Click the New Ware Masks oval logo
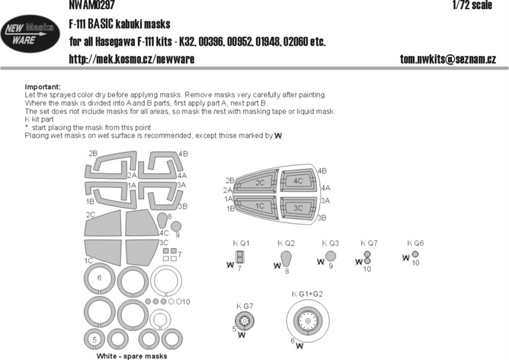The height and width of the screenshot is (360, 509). pos(30,34)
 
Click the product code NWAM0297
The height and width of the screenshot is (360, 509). pos(92,5)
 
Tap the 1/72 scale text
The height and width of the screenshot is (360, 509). pos(473,5)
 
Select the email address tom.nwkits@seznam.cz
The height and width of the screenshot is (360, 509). pos(448,59)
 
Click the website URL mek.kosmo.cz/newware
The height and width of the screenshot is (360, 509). pos(131,59)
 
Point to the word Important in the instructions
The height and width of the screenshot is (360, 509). pos(43,87)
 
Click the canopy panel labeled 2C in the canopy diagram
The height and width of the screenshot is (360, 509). pos(258,183)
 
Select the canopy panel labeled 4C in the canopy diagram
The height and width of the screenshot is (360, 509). pos(298,181)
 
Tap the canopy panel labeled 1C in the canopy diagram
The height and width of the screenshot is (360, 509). pos(258,206)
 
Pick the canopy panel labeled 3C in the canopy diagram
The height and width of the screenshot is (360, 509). pos(298,208)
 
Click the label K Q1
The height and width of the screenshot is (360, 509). pos(242,243)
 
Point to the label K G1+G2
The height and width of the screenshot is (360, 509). pos(307,294)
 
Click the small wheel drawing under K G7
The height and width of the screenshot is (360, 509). pos(244,321)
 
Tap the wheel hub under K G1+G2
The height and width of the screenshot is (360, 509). pos(308,320)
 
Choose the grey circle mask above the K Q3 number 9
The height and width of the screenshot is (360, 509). pos(330,256)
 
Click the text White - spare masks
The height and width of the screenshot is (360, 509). pos(132,356)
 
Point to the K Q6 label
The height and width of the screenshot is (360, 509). pos(416,243)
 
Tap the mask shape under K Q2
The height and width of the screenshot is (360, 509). pos(286,258)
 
